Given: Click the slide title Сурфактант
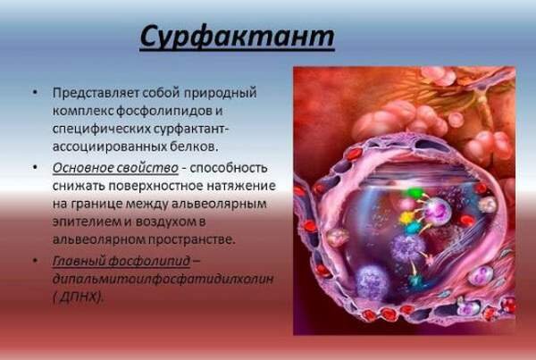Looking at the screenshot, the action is click(x=237, y=38).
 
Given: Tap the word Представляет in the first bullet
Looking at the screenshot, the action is click(x=95, y=93).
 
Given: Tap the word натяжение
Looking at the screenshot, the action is click(x=241, y=186).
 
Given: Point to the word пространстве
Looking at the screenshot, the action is click(x=192, y=239).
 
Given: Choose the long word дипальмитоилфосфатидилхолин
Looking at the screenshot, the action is click(x=163, y=279).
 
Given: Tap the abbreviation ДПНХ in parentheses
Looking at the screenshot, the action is click(x=79, y=297).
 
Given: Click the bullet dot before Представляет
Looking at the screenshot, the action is click(x=35, y=93).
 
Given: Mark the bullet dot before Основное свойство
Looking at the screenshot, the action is click(x=35, y=168).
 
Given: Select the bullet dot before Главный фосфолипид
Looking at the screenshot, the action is click(x=35, y=261).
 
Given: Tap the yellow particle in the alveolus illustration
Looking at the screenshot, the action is click(x=406, y=217).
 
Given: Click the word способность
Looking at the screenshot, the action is click(x=229, y=168).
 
